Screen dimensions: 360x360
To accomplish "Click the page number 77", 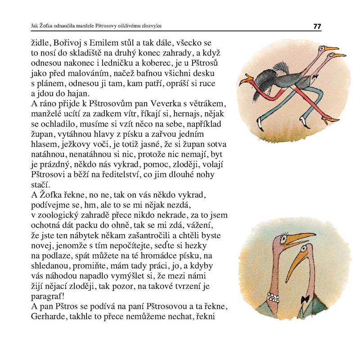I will click(x=317, y=26).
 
